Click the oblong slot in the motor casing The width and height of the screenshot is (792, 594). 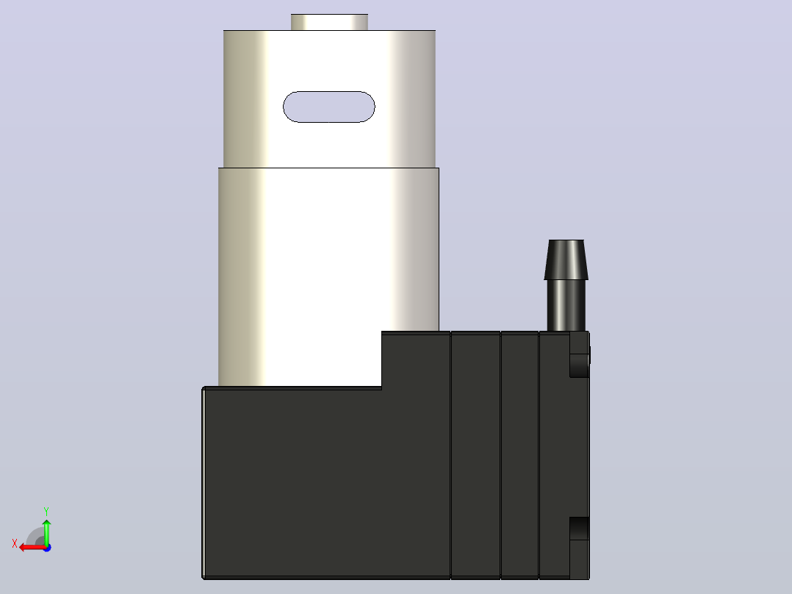click(x=329, y=107)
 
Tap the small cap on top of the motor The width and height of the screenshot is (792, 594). click(x=329, y=22)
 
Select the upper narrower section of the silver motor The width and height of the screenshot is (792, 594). click(x=329, y=99)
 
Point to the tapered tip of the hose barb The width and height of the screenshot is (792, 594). click(x=566, y=260)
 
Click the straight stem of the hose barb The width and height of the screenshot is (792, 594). click(x=566, y=305)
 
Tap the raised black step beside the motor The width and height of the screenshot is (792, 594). click(x=416, y=359)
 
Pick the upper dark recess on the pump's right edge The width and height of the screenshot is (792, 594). click(x=580, y=365)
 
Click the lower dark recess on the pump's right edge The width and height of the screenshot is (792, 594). click(x=580, y=529)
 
